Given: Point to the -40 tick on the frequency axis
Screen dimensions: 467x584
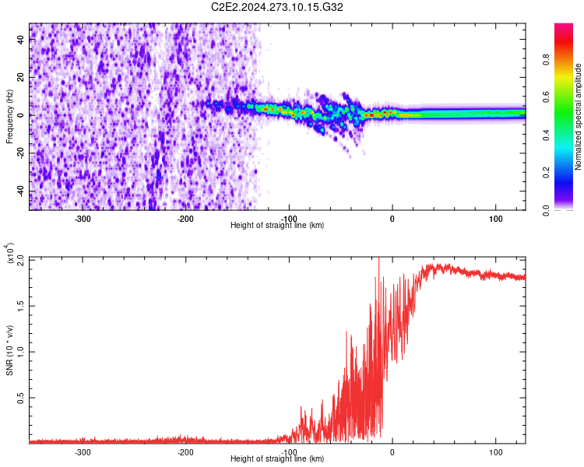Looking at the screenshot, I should (21, 191).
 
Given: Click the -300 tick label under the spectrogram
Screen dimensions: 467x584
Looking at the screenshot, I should (83, 219).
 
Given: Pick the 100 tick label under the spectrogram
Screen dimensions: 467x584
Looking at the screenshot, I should (496, 219).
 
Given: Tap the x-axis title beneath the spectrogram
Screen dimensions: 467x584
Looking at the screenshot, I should (277, 226).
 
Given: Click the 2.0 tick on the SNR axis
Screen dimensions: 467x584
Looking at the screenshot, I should (21, 258).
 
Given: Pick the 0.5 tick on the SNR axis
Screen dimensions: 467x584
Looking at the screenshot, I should (21, 397).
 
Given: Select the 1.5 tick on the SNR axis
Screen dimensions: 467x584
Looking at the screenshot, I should (21, 304).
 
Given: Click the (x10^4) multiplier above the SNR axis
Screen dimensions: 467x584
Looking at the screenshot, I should (9, 254).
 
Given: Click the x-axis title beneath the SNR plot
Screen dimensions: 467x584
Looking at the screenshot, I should (277, 459).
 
